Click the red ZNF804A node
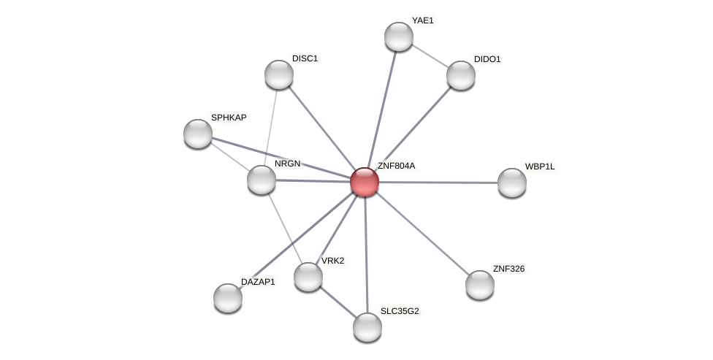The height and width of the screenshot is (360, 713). tap(365, 182)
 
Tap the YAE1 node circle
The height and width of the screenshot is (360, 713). tap(399, 37)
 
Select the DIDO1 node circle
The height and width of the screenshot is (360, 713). tap(461, 74)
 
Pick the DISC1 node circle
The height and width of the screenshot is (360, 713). tap(279, 74)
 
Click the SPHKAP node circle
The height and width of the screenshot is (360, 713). tap(198, 134)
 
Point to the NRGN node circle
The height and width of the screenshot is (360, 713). tap(262, 180)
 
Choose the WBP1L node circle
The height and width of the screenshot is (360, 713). tap(512, 183)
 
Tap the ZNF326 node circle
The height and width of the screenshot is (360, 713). tap(480, 285)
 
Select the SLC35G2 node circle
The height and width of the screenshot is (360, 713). tap(367, 327)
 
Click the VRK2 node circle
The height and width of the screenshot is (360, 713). tap(308, 277)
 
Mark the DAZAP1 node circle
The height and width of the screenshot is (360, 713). tap(228, 298)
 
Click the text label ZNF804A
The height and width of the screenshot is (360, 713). tap(396, 166)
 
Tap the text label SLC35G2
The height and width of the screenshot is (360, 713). tap(400, 311)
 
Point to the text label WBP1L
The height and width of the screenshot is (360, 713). tap(539, 166)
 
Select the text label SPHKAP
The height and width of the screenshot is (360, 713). tap(229, 118)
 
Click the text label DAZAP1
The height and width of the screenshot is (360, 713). tap(258, 282)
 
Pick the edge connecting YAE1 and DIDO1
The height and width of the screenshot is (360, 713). tap(430, 55)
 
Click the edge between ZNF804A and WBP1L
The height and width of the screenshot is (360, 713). tap(438, 183)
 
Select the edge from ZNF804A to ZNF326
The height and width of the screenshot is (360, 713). tap(422, 233)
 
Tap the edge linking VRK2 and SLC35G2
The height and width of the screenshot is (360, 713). tap(338, 302)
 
